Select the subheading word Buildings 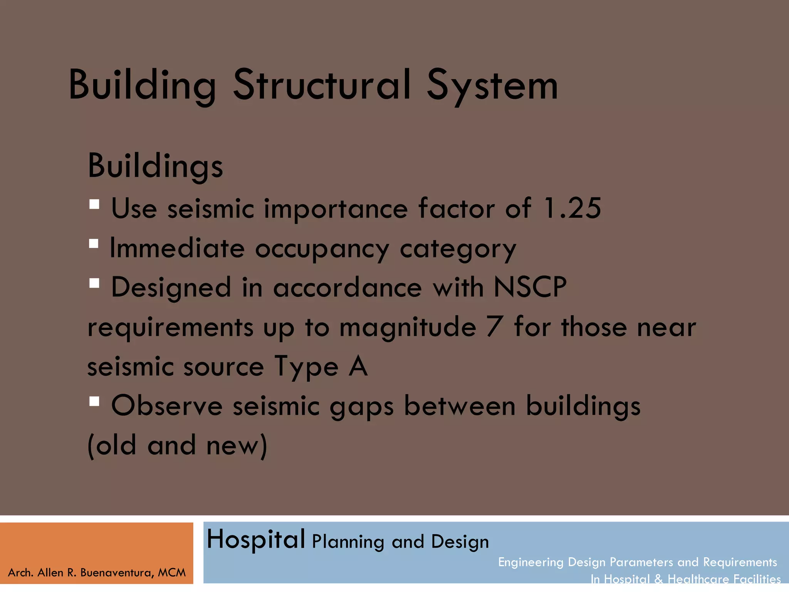[155, 166]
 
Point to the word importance [336, 209]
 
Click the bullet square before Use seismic [94, 204]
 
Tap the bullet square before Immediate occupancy [94, 244]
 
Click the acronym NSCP [530, 288]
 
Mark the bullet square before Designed [94, 283]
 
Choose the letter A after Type [358, 367]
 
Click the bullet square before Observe [94, 402]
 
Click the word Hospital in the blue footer [256, 539]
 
